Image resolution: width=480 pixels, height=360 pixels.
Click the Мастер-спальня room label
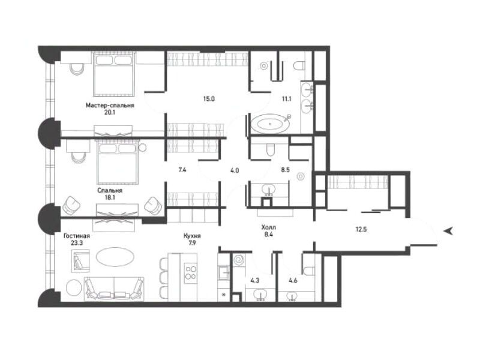110,106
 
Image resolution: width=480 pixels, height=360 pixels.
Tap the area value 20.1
110,113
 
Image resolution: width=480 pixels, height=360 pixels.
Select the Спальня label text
110,190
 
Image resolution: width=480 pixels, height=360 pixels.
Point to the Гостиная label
77,236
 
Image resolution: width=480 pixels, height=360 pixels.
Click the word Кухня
192,236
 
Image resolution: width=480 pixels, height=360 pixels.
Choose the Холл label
268,227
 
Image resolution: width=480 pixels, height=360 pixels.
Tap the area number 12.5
361,229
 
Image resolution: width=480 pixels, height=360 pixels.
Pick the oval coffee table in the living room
115,257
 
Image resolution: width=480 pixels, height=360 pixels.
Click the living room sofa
114,288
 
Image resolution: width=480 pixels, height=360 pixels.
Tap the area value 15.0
209,99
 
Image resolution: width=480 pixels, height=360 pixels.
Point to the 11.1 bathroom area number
286,99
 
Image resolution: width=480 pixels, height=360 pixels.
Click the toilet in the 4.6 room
308,269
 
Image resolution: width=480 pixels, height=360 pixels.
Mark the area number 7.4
182,170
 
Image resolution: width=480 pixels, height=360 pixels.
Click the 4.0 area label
235,170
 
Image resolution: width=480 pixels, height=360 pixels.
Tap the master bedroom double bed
114,74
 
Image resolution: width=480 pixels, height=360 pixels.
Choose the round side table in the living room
74,288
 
